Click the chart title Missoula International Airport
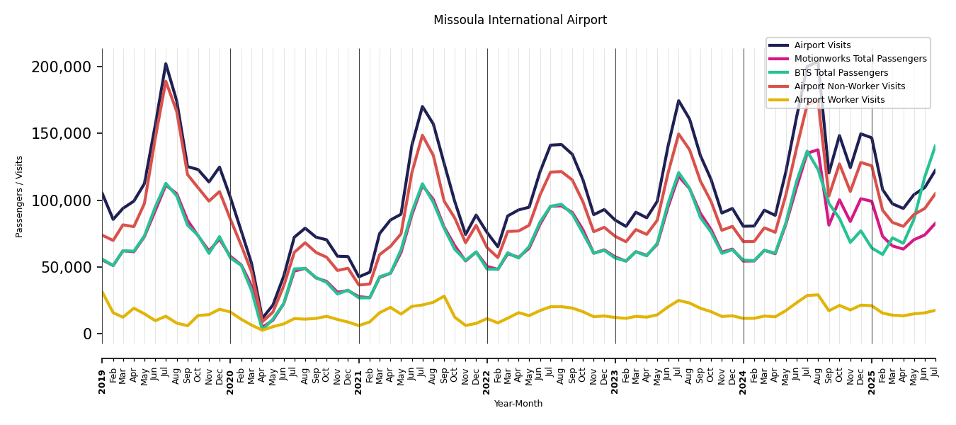tap(520, 21)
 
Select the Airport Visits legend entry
tap(822, 45)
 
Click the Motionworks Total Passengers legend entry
tap(860, 59)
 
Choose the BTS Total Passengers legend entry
tap(841, 73)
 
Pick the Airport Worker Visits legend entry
tap(839, 100)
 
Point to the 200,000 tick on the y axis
tap(62, 67)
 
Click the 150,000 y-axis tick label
tap(62, 134)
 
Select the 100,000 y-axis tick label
tap(62, 200)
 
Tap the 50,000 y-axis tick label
tap(65, 267)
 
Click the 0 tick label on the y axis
tap(88, 334)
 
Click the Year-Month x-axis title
tap(518, 404)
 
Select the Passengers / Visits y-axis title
tap(20, 196)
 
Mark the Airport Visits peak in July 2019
tap(166, 64)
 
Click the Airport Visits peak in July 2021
tap(423, 107)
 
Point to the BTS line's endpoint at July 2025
tap(935, 146)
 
